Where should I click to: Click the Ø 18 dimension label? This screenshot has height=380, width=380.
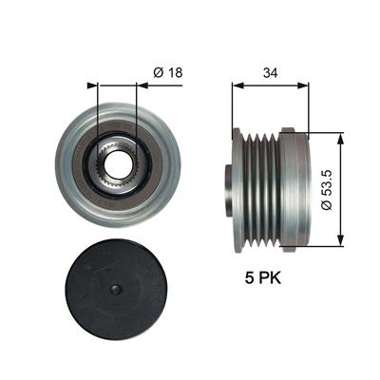[x=168, y=73]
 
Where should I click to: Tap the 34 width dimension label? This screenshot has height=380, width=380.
[x=270, y=73]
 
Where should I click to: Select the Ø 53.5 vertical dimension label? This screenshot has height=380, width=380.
[x=326, y=190]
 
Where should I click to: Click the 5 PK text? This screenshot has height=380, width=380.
[x=263, y=278]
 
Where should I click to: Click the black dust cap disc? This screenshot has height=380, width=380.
[x=115, y=289]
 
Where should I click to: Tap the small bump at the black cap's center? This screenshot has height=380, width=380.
[x=115, y=289]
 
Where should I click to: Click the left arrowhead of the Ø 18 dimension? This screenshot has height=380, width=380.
[x=92, y=85]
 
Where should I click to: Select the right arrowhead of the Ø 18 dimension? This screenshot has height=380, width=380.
[x=142, y=85]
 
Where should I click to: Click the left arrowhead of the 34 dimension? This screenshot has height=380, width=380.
[x=237, y=85]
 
